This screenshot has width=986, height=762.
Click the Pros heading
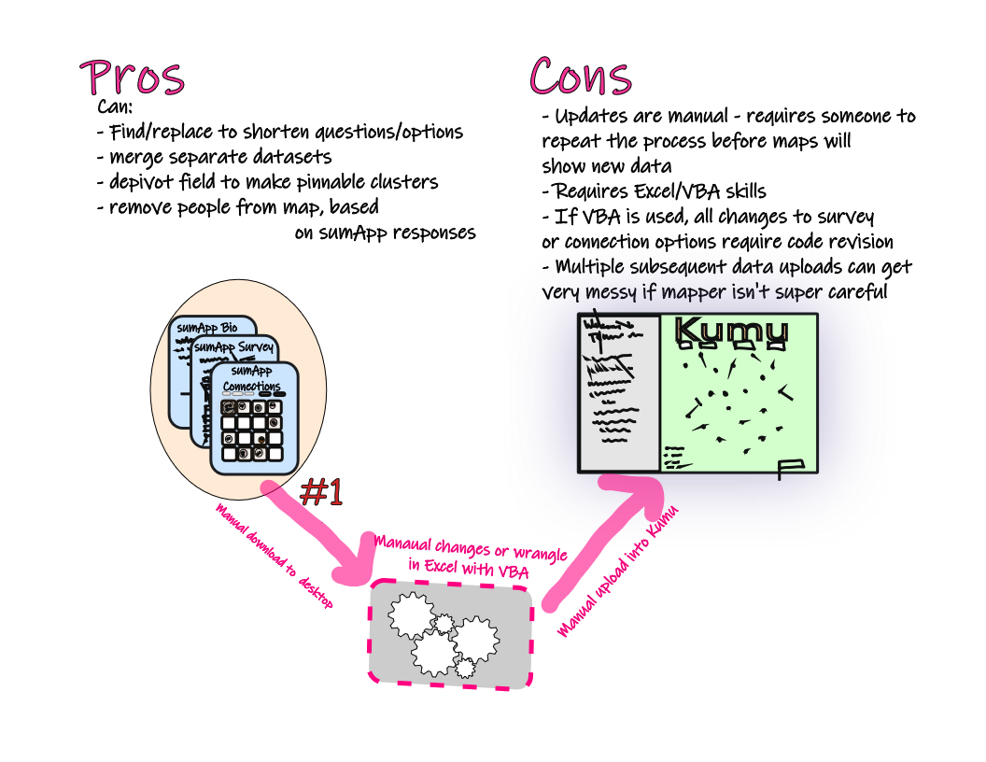click(132, 78)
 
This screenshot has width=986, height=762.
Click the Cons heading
click(581, 77)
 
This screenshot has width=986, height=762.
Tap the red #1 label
click(322, 493)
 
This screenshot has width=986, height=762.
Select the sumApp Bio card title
click(206, 328)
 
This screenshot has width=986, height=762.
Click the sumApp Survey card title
click(233, 348)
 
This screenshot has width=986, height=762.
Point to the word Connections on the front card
click(251, 386)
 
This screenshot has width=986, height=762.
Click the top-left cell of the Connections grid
click(228, 407)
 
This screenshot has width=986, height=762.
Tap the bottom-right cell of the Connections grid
click(275, 453)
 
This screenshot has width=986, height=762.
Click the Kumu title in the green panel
click(731, 331)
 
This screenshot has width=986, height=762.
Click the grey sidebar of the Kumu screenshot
click(619, 392)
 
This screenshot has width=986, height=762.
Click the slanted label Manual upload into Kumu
click(615, 571)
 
